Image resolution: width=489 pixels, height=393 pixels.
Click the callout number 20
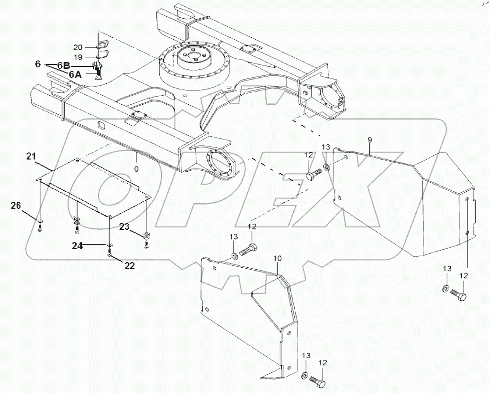pyautogui.click(x=78, y=47)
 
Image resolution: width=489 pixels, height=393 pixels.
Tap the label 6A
pyautogui.click(x=76, y=74)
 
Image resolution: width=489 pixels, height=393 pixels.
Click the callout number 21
pyautogui.click(x=32, y=156)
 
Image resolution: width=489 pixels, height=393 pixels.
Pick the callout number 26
pyautogui.click(x=16, y=206)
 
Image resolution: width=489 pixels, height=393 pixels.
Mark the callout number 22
pyautogui.click(x=130, y=265)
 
